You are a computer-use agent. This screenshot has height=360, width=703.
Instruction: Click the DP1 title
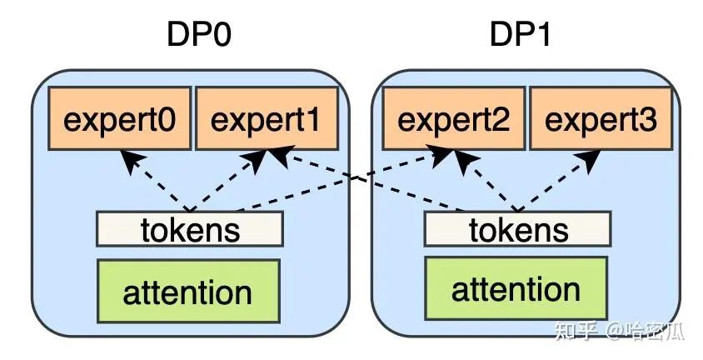tap(521, 36)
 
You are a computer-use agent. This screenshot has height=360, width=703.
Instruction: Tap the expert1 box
tap(266, 120)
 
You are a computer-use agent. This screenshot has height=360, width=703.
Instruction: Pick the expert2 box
tap(453, 120)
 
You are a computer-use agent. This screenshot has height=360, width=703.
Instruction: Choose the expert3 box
tap(601, 120)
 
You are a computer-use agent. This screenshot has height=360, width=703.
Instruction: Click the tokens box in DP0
tap(190, 229)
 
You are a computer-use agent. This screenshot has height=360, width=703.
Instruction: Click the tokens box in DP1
tap(518, 229)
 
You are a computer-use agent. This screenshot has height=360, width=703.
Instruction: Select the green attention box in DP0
tap(187, 292)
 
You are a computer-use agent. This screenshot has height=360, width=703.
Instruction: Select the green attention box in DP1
tap(516, 289)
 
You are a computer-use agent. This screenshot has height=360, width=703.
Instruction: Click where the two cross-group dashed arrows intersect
tap(359, 181)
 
